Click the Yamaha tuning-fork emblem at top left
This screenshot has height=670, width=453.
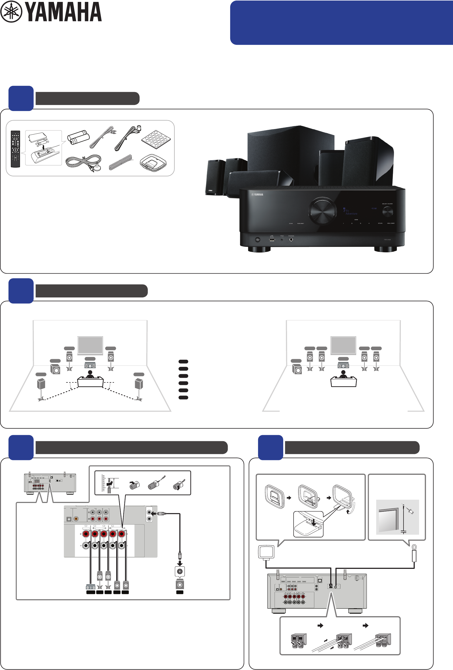coord(11,11)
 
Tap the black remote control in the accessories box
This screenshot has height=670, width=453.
coord(15,149)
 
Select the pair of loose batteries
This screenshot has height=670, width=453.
coord(78,137)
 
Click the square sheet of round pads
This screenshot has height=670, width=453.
coord(156,139)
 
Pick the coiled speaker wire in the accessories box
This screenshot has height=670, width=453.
coord(121,163)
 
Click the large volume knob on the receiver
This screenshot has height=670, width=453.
coord(322,211)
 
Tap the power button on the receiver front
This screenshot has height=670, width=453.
coord(258,239)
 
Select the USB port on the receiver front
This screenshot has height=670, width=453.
coord(272,239)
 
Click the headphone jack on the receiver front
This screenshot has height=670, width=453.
coord(291,239)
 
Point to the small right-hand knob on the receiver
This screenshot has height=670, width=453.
coord(387,212)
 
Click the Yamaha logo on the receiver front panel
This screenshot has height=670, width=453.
coord(257,195)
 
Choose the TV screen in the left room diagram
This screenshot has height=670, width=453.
coord(90,345)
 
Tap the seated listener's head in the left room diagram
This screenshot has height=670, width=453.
coord(90,373)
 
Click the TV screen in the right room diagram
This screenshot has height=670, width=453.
coord(343,345)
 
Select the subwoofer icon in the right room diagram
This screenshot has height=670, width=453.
coord(297,369)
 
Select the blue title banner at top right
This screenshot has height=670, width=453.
coord(341,22)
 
